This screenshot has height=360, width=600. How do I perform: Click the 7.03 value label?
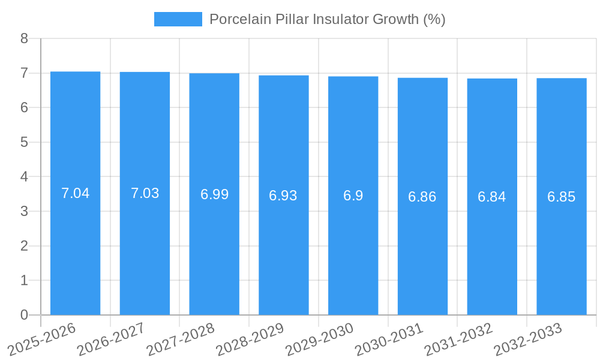point(145,193)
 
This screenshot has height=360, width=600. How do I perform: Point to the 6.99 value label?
point(214,194)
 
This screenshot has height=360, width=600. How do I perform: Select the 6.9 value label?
point(353,196)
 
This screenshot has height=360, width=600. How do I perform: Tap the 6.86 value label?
point(422,197)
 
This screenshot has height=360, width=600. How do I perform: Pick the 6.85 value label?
point(561,197)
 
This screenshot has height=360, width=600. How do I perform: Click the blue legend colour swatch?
point(178,19)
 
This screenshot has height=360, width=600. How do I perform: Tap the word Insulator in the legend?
point(340,19)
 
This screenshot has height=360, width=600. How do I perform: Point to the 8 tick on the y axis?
point(24,39)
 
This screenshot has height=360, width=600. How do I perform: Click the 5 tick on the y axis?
point(24,142)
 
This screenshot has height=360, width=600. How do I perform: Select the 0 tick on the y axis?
point(24,315)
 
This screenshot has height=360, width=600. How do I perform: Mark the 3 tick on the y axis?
point(24,211)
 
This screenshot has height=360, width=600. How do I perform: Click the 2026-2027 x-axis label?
point(112,339)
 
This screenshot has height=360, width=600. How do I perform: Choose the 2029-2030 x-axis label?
point(319,339)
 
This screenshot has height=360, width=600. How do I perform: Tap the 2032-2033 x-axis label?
point(528,339)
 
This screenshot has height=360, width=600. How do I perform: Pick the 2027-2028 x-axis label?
point(181,339)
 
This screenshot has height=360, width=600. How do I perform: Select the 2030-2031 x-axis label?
point(389,339)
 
